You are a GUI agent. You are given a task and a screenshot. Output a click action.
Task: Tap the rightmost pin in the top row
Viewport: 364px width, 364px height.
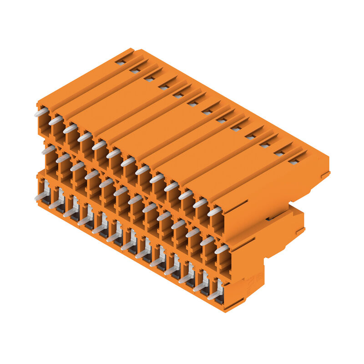(214, 212)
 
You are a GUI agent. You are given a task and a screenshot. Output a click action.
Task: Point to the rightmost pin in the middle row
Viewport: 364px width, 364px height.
(222, 249)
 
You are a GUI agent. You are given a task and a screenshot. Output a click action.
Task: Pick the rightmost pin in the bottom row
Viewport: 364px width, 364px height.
(214, 295)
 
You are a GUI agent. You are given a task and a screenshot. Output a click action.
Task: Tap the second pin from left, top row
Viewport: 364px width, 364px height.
(56, 121)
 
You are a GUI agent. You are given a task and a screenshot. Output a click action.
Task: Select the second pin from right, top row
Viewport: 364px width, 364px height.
(200, 203)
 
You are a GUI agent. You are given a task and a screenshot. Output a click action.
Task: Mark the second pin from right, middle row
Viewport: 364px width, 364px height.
(207, 241)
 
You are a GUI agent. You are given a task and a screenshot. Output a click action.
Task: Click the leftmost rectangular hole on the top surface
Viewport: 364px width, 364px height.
(120, 62)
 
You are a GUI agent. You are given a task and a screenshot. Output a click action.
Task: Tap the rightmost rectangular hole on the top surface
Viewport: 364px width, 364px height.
(294, 161)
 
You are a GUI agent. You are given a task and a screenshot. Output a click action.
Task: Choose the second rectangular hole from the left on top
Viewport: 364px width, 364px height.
(135, 71)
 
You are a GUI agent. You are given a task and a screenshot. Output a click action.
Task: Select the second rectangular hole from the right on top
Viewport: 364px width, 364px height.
(279, 153)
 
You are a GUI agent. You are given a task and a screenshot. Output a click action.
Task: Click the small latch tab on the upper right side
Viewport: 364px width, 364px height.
(325, 174)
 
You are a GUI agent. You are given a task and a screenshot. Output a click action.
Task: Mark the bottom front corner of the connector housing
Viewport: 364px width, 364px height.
(224, 311)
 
